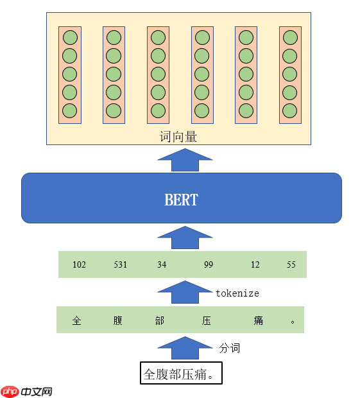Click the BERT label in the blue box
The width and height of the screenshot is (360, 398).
(x=181, y=199)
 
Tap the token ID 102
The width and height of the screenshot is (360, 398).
(x=80, y=264)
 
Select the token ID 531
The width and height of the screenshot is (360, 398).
(x=121, y=264)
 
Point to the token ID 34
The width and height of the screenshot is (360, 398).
(x=161, y=264)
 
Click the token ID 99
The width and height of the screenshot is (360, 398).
(x=209, y=264)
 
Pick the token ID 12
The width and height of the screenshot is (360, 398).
(x=255, y=264)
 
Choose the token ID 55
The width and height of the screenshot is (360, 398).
(x=291, y=264)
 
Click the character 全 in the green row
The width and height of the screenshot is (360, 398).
(x=77, y=320)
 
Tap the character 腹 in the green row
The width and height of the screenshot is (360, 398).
(x=118, y=320)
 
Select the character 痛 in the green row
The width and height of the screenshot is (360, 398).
(x=258, y=320)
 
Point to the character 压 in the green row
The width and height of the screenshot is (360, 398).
(x=207, y=320)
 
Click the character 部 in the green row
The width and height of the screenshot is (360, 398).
(x=160, y=320)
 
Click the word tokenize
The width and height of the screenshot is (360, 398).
(x=237, y=293)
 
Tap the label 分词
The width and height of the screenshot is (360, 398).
(x=230, y=348)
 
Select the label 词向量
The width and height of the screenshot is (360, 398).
(x=178, y=137)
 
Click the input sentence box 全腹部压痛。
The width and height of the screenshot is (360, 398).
(x=181, y=374)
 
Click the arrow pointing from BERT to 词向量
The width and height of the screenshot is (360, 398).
(x=185, y=160)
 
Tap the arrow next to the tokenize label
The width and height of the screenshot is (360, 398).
(x=185, y=292)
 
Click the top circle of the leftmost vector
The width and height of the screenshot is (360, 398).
(x=69, y=37)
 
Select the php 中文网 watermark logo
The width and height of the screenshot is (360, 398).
(x=27, y=391)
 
